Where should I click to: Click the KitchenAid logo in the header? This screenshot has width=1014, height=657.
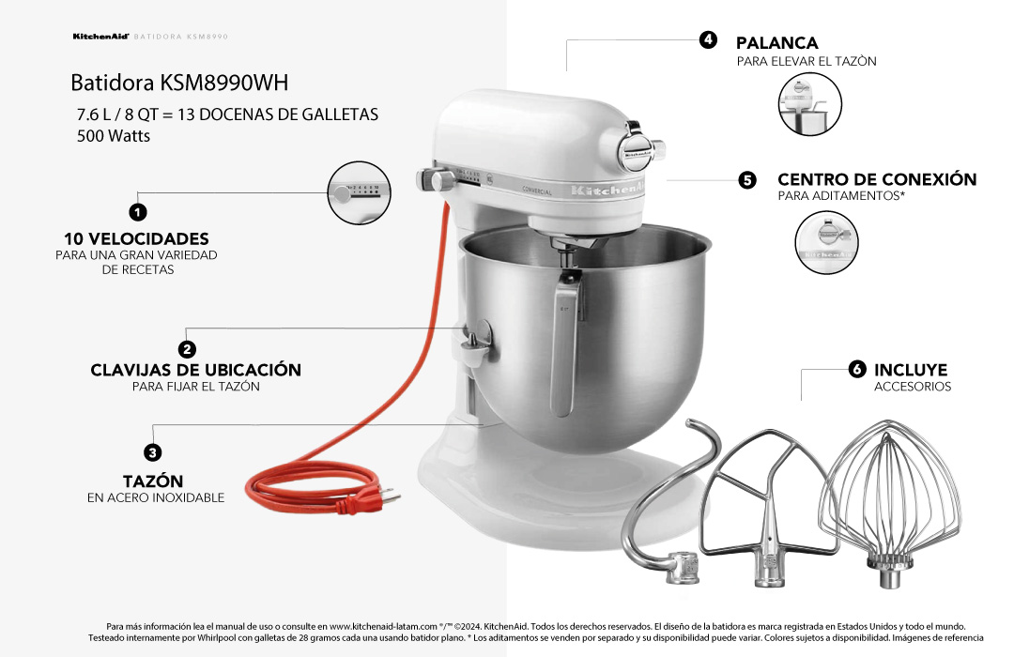point(100,37)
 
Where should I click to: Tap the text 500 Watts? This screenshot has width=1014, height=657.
point(114,135)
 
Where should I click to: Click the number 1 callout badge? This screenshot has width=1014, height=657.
point(137,212)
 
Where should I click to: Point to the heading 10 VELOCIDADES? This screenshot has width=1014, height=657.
point(136,238)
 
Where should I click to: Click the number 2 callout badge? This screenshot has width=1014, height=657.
point(187,349)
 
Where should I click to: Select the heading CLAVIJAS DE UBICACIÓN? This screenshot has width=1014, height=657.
point(195,370)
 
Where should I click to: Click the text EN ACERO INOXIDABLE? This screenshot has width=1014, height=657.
point(156,497)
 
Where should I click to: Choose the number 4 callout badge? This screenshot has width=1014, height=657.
point(709,39)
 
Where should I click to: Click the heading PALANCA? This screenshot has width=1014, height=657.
point(776,43)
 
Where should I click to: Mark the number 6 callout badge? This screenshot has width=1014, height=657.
point(856,370)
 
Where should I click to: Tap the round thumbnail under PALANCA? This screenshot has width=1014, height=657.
point(810,102)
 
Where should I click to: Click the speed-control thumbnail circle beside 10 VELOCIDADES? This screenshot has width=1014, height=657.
point(359,194)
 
